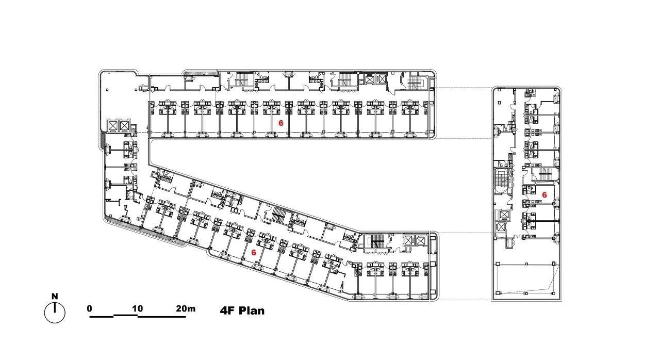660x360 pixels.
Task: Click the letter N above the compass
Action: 55,296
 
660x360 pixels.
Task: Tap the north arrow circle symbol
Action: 55,313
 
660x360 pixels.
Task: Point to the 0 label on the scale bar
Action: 90,308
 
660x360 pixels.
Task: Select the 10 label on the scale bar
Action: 138,308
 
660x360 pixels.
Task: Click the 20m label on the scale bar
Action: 186,308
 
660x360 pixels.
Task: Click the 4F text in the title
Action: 227,311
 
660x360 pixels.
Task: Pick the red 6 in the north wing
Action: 281,123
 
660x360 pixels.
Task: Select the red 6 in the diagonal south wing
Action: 253,253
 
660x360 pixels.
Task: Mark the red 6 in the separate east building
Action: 544,195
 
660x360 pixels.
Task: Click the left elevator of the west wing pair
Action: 113,125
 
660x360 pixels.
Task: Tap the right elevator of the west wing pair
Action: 124,125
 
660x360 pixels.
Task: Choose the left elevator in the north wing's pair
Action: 370,79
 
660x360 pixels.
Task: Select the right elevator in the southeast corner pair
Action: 420,241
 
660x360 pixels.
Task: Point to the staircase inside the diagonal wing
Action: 277,215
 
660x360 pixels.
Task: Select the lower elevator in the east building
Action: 501,227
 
